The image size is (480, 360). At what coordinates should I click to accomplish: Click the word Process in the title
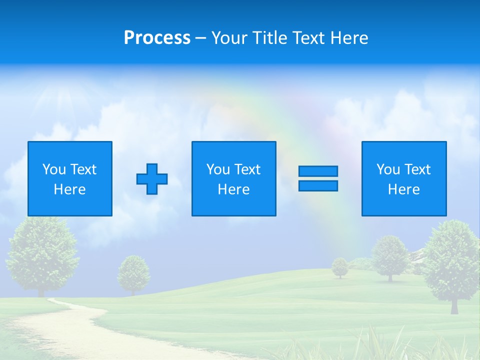157,38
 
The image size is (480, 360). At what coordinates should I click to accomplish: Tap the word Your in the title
229,38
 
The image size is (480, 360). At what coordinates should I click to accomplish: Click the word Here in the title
348,38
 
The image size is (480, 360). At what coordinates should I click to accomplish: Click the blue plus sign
152,179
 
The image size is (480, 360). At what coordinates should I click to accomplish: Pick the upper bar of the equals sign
318,171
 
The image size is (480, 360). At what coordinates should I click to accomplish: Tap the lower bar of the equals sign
318,186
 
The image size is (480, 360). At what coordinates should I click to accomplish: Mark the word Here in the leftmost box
69,189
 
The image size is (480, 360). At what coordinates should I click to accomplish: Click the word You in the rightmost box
388,169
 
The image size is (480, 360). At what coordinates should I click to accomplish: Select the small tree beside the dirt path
133,272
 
